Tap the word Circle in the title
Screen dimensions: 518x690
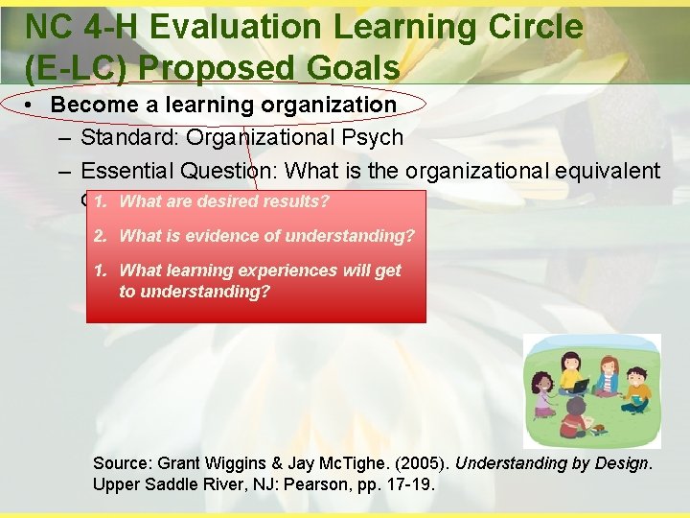tap(534, 27)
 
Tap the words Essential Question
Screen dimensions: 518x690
tap(177, 172)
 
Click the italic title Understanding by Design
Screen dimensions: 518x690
tap(553, 463)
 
